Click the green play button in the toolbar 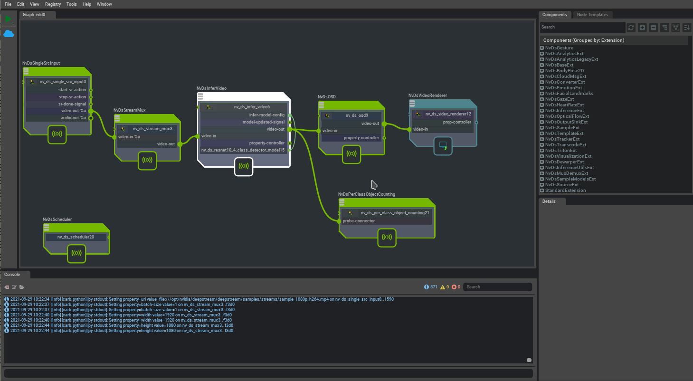[8, 19]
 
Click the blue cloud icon [9, 34]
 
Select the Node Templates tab [592, 15]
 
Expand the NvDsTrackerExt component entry [542, 139]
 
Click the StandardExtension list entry [565, 190]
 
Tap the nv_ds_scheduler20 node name [76, 237]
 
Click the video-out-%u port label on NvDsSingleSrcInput [73, 111]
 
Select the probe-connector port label [359, 221]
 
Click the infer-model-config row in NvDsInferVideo [266, 115]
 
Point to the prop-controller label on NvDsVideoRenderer [457, 122]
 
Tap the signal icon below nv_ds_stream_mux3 [147, 161]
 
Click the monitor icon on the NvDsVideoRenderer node [443, 146]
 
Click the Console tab [12, 275]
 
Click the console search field [497, 287]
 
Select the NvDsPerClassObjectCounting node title [366, 194]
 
